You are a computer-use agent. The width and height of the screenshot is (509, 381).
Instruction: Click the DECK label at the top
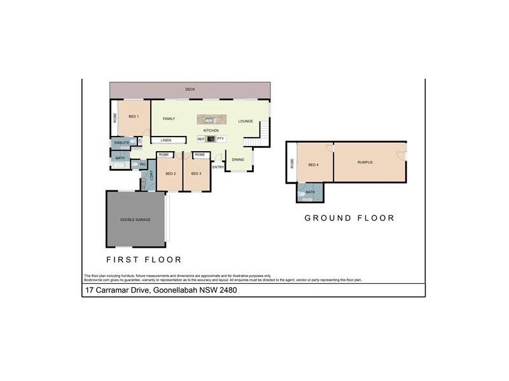pos(190,90)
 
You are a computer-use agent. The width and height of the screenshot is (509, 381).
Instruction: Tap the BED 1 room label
pos(134,116)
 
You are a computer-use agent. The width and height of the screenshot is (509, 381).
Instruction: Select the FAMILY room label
pos(169,119)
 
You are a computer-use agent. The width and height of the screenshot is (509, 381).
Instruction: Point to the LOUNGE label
pos(246,121)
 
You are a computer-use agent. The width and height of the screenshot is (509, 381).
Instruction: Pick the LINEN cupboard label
pos(165,140)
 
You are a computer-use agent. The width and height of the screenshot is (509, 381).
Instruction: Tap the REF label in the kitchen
pos(200,138)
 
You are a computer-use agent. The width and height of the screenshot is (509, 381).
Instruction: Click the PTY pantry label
pos(220,138)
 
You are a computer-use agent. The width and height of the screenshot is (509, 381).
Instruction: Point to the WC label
pos(143,164)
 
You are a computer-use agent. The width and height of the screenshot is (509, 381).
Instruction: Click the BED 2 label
pos(170,173)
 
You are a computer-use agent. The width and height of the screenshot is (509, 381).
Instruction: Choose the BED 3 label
pos(196,173)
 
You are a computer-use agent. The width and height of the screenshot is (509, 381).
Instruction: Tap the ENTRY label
pos(218,167)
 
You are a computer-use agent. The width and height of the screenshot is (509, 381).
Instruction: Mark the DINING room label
pos(238,159)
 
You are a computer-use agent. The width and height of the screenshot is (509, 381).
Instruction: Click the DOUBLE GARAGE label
pos(135,220)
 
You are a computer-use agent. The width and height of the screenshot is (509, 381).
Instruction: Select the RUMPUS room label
pos(365,163)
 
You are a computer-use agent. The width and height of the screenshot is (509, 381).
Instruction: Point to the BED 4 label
pos(313,164)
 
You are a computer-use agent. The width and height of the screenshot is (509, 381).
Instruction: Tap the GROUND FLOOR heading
pos(349,218)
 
